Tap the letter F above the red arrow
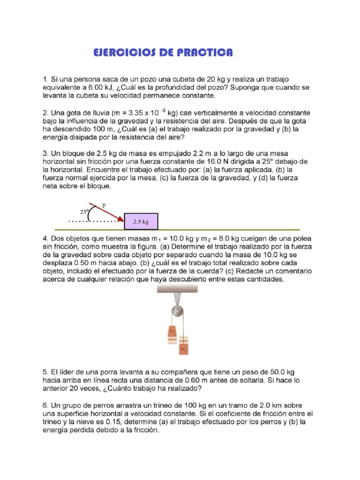click(x=104, y=205)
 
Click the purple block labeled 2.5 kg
click(x=141, y=221)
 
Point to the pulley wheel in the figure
click(x=176, y=311)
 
